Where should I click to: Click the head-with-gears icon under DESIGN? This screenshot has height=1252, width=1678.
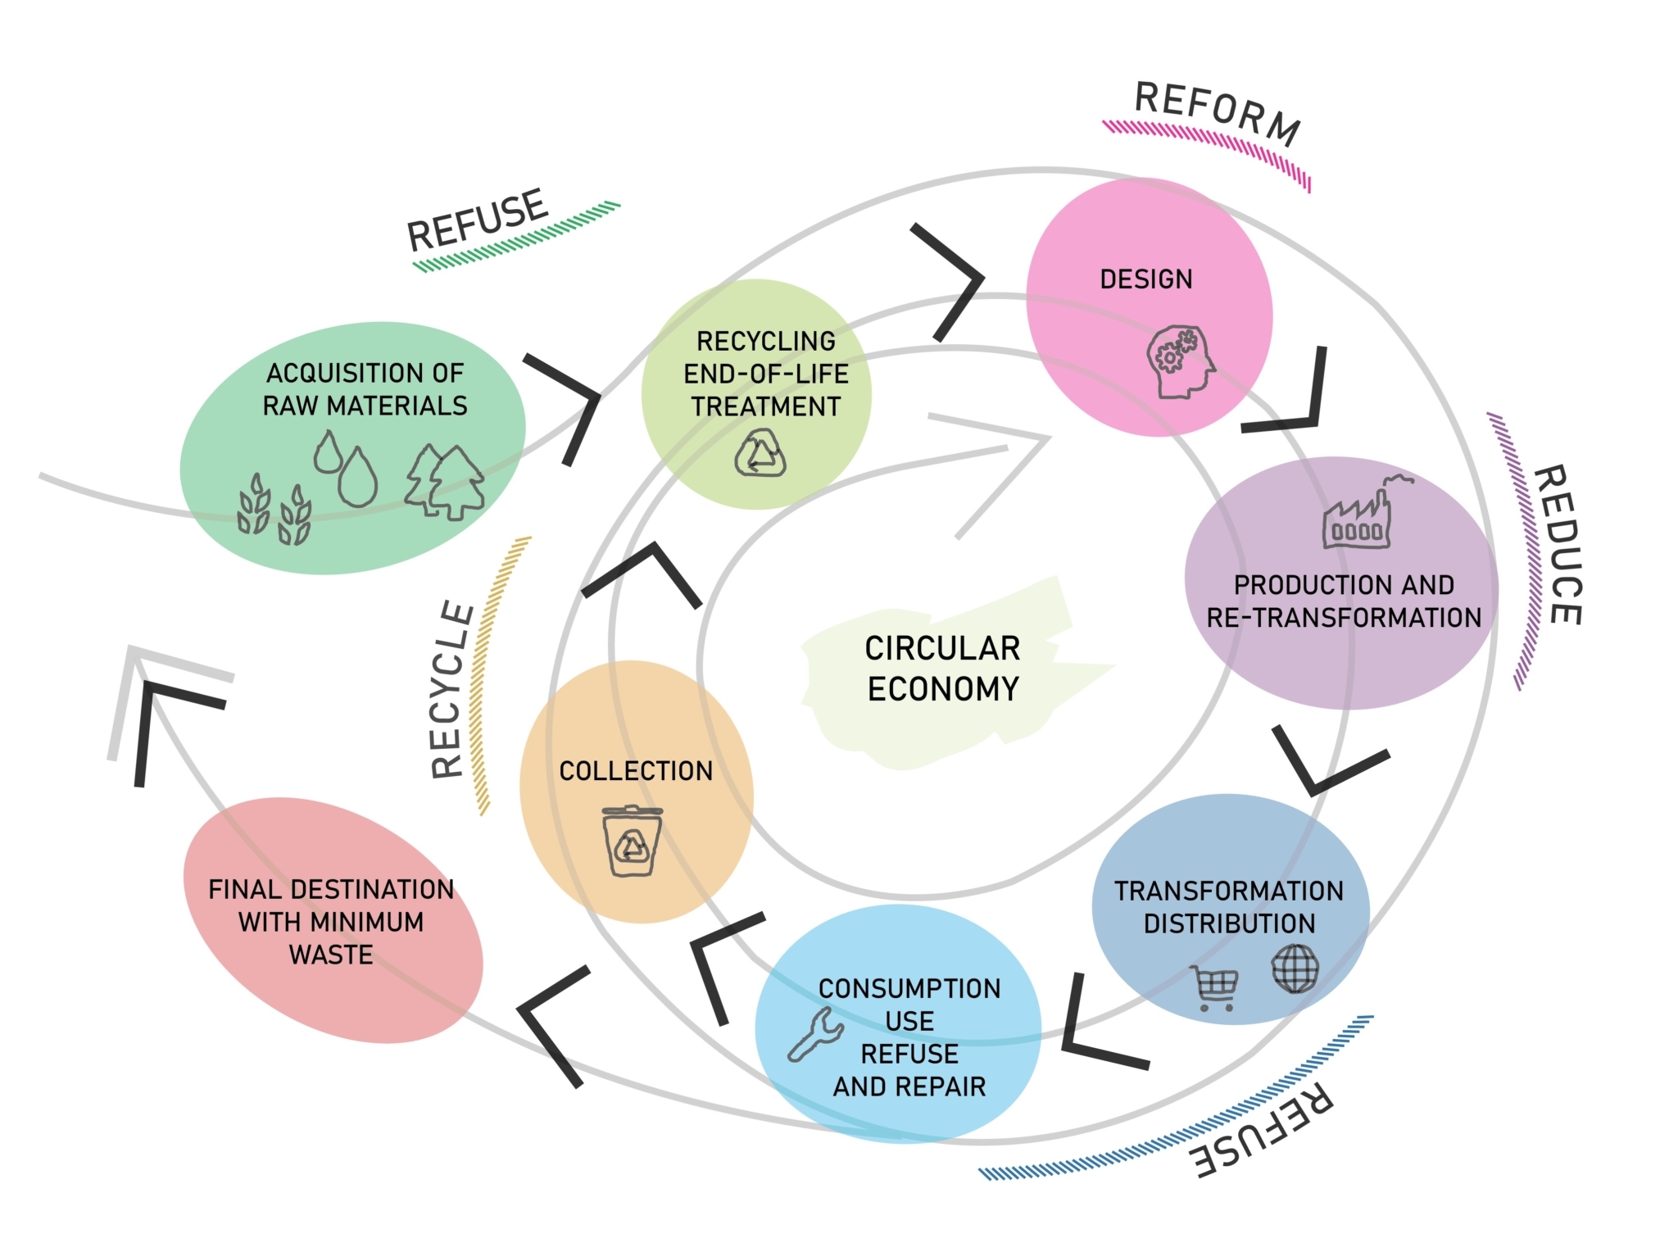coord(1181,362)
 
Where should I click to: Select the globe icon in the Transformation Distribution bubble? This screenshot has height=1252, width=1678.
coord(1295,968)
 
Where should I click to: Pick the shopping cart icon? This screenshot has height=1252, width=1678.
coord(1215,988)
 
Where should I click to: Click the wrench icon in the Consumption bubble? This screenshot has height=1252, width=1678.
coord(815,1034)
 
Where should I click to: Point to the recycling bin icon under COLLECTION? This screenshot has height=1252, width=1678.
coord(632,841)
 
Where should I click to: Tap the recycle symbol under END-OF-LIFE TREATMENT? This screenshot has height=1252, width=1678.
coord(760,454)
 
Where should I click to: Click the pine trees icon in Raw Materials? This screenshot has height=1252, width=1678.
coord(445,483)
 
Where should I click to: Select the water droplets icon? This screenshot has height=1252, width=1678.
coord(345,468)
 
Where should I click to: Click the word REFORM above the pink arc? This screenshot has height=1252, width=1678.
coord(1218,114)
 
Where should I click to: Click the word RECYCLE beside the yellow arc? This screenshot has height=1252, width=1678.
coord(452,690)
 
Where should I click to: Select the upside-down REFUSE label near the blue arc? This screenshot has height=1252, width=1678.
coord(1262,1131)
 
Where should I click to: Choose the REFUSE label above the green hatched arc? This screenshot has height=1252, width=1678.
coord(477,220)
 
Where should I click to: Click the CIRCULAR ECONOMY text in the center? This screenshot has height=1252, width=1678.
coord(942,669)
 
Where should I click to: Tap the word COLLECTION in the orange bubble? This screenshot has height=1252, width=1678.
coord(636,771)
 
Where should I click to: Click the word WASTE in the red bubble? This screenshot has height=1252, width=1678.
coord(331,955)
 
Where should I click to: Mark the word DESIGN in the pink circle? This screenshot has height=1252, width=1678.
coord(1146,279)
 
